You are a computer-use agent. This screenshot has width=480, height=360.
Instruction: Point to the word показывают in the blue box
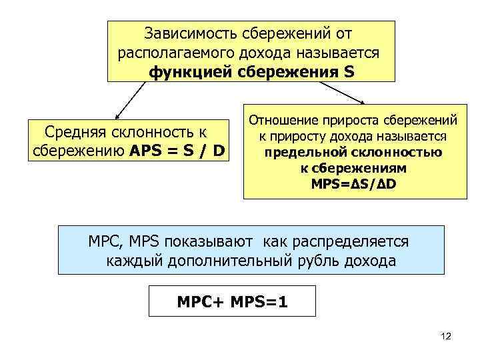tap(218, 241)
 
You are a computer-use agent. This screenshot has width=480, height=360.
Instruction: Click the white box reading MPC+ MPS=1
tap(232, 302)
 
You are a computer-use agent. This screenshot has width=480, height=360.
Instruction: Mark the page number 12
tap(446, 337)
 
